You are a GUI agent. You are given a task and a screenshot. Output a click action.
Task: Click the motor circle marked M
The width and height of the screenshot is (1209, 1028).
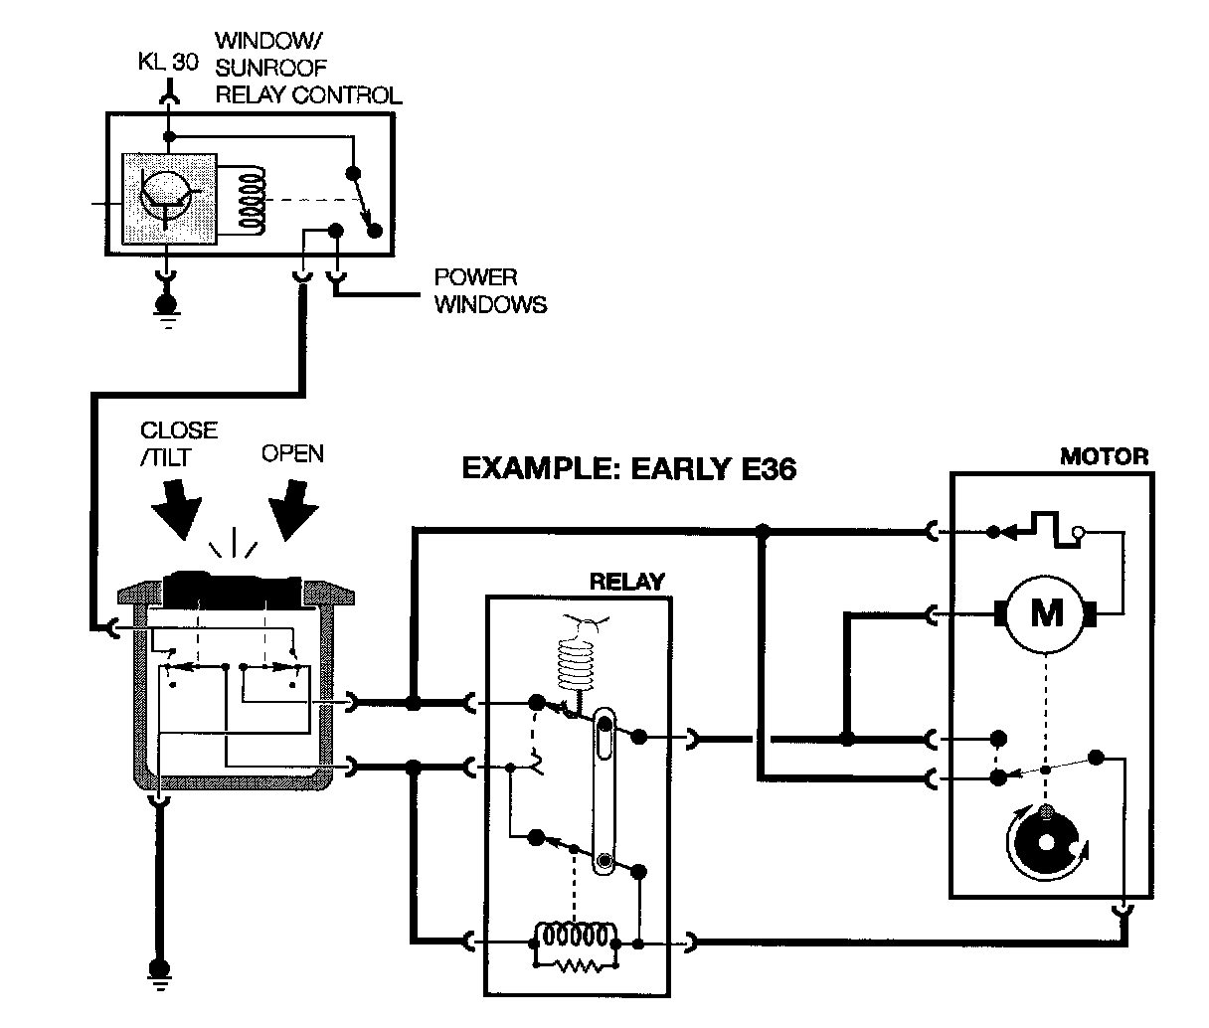tap(1045, 613)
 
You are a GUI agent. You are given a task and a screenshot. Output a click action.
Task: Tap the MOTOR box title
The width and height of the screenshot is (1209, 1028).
tap(1104, 457)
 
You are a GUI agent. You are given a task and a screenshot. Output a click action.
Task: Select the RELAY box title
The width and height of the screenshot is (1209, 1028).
tap(626, 582)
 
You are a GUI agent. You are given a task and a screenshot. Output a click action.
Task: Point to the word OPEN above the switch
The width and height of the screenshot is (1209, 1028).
tap(292, 453)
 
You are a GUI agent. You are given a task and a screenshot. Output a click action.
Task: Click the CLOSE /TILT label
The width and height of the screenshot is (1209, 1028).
tap(179, 442)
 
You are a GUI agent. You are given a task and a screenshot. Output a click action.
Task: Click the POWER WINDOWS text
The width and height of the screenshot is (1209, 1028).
tap(489, 291)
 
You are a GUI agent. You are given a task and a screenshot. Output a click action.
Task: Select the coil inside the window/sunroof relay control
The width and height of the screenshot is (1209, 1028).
tap(254, 199)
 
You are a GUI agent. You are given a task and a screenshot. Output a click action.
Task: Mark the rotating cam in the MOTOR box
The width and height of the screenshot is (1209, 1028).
tap(1044, 841)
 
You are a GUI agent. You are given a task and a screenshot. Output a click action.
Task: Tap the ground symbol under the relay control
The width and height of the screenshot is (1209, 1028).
tap(168, 306)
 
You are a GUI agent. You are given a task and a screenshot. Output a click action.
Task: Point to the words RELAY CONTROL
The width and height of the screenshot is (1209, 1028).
tap(308, 95)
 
